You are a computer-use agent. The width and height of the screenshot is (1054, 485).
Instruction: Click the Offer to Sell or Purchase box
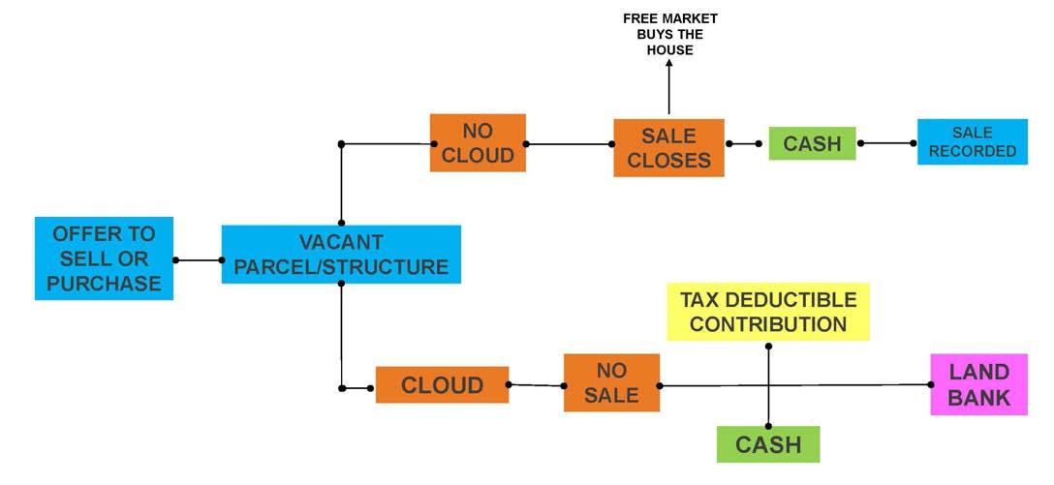tap(104, 258)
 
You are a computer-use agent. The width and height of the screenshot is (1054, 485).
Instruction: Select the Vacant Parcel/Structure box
tap(341, 255)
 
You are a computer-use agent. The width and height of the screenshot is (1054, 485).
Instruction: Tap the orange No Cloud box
tap(478, 143)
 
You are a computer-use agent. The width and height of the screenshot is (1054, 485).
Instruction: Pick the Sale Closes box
tap(668, 148)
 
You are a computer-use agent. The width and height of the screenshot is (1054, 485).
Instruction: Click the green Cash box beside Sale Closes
tap(812, 143)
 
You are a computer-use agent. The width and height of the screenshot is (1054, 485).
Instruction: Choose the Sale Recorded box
tap(972, 142)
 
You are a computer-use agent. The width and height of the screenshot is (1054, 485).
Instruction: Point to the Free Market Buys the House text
tap(669, 34)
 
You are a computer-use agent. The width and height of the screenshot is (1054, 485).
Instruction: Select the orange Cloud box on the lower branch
tap(442, 385)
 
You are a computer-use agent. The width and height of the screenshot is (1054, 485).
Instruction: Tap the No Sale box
tap(611, 383)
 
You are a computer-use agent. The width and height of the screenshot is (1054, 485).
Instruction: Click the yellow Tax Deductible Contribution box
tap(768, 312)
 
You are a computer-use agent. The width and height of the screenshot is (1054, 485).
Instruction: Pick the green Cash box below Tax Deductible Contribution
tap(768, 444)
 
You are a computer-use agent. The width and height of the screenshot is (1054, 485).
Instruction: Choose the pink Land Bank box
tap(978, 384)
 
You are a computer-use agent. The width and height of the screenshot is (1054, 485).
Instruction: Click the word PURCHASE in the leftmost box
tap(104, 284)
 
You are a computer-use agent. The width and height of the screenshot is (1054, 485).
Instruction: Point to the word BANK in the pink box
tap(978, 397)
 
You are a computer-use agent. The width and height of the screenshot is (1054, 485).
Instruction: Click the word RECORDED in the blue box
tap(972, 151)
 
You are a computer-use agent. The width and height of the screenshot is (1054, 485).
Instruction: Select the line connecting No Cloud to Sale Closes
tap(570, 144)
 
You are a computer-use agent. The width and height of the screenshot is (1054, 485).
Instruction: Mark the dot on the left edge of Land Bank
tap(931, 384)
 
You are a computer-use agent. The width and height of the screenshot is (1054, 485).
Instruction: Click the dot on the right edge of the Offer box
tap(175, 259)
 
